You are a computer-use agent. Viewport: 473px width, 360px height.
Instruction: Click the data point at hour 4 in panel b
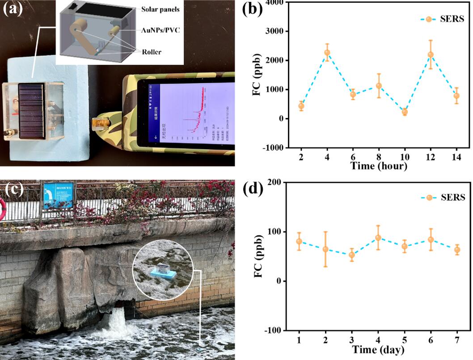[327, 52]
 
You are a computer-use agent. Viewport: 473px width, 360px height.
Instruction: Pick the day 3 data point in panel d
[351, 255]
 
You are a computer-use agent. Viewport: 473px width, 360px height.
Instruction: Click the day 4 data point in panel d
[378, 238]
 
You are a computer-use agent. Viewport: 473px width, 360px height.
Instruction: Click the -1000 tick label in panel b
[277, 148]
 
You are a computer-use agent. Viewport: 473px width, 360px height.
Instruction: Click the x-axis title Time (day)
[378, 350]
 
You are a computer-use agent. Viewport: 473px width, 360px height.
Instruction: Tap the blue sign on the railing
[58, 196]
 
